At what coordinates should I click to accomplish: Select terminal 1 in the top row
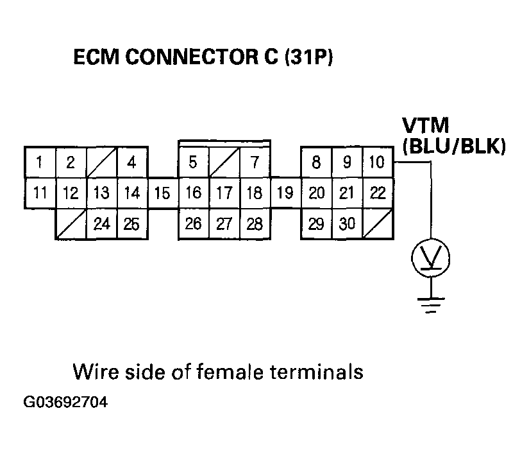click(x=40, y=162)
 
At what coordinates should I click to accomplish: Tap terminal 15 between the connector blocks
click(x=163, y=193)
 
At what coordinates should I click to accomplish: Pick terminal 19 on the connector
click(x=285, y=193)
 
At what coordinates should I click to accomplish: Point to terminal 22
click(x=378, y=193)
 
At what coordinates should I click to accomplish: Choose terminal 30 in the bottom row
click(x=347, y=224)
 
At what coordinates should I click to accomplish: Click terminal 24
click(x=101, y=224)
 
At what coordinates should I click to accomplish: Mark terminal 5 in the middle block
click(x=193, y=162)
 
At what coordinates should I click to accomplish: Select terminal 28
click(x=255, y=224)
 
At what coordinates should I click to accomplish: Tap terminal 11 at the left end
click(x=40, y=193)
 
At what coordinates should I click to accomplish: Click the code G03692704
click(x=65, y=403)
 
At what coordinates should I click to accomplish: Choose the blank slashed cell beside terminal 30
click(x=378, y=224)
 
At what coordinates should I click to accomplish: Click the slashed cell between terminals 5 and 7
click(x=224, y=162)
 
